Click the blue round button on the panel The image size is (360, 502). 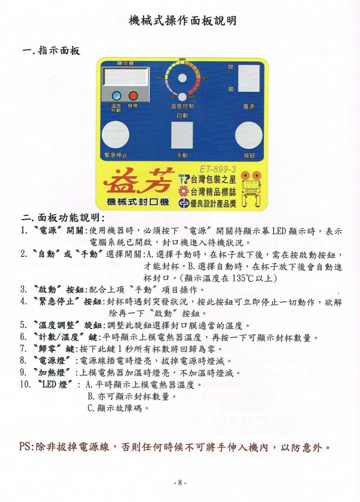point(116,95)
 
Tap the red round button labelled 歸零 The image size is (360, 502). point(133,95)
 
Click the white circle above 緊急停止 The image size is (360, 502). point(115,135)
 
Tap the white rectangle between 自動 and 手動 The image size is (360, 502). point(182,135)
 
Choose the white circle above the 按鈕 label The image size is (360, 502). point(248,135)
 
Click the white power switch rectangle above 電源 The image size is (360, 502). point(248,78)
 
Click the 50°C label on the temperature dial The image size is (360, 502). point(161,78)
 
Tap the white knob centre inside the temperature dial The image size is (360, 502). point(182,78)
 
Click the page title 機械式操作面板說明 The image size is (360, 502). point(182,21)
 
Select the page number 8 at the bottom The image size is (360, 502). point(180,483)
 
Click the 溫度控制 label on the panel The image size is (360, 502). point(182,106)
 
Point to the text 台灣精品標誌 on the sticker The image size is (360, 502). point(213,192)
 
